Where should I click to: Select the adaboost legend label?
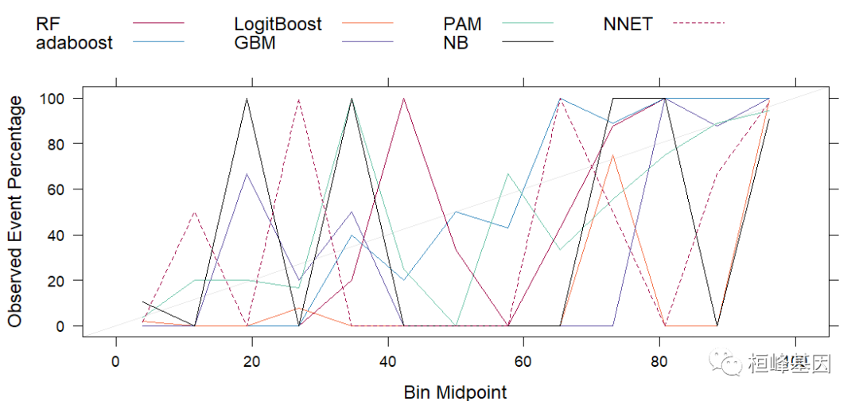click(75, 43)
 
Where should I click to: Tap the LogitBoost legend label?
click(278, 25)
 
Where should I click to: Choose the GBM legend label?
click(255, 43)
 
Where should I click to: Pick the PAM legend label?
click(462, 25)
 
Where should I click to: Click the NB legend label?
click(456, 43)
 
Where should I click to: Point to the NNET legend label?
click(628, 25)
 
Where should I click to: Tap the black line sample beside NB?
click(527, 41)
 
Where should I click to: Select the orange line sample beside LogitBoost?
click(367, 24)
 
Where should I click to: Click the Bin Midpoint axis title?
click(455, 391)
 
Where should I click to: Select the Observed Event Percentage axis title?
click(16, 212)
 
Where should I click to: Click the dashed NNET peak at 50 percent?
click(195, 212)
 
